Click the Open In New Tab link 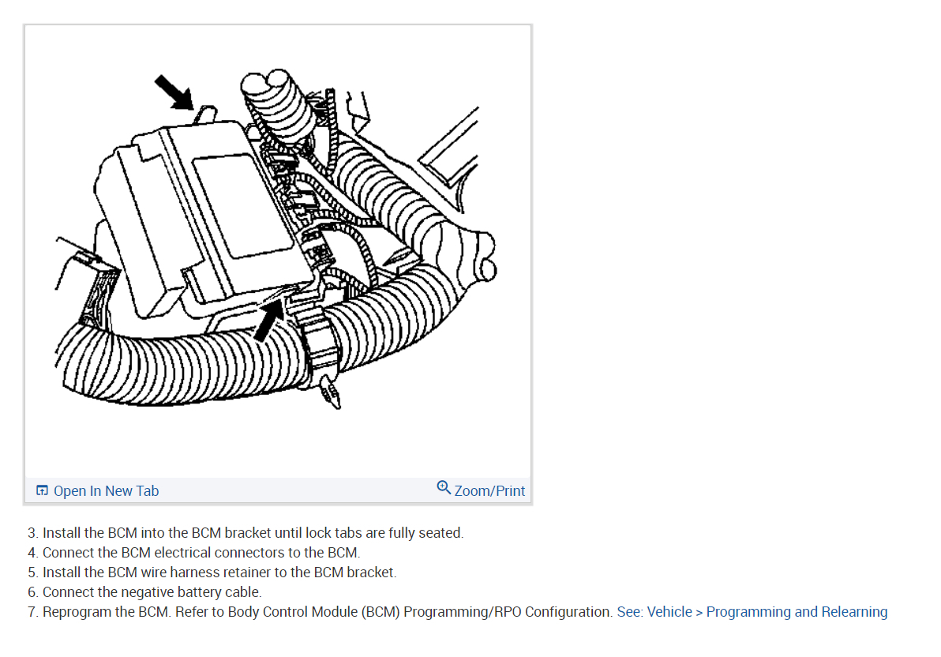coord(107,490)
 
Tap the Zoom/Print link coord(489,490)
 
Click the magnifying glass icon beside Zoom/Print coord(444,487)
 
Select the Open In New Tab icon coord(42,490)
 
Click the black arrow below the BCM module coord(269,321)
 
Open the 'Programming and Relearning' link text coord(797,612)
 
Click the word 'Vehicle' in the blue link coord(669,612)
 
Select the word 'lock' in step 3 coord(319,533)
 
